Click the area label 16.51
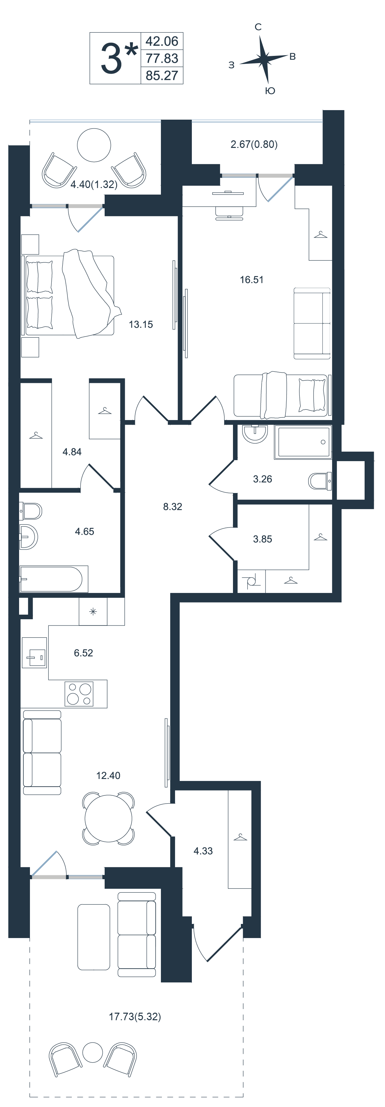[x=252, y=280]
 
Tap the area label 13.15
[x=141, y=324]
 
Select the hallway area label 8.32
[x=172, y=506]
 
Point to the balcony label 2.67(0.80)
[x=254, y=144]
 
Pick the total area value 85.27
[x=162, y=76]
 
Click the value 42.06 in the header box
[x=162, y=41]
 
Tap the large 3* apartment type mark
[x=119, y=59]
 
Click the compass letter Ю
[x=270, y=91]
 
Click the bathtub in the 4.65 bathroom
[x=54, y=579]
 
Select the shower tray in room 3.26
[x=305, y=442]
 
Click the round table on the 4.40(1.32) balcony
[x=94, y=145]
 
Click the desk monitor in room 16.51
[x=228, y=193]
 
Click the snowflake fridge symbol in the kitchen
[x=93, y=612]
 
